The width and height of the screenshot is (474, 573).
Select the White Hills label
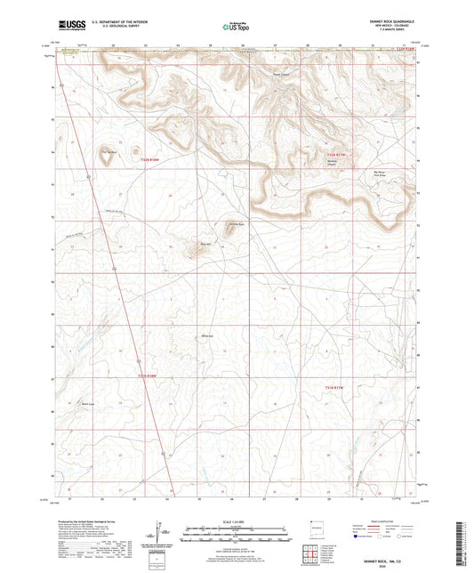pos(208,335)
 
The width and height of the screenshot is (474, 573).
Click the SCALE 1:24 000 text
pos(237,525)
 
